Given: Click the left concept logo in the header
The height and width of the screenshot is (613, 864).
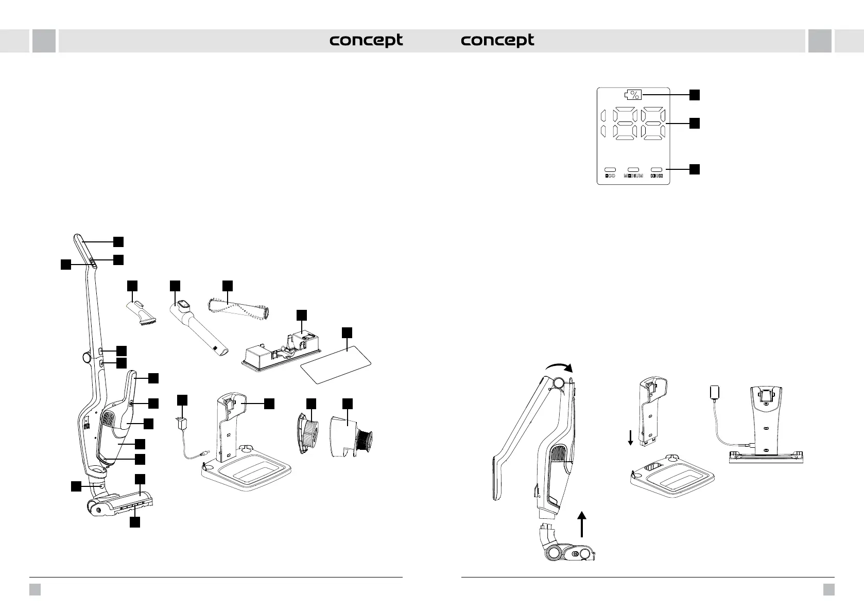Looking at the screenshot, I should (x=366, y=41).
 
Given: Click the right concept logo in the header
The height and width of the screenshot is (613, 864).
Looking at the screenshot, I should (x=497, y=41).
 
